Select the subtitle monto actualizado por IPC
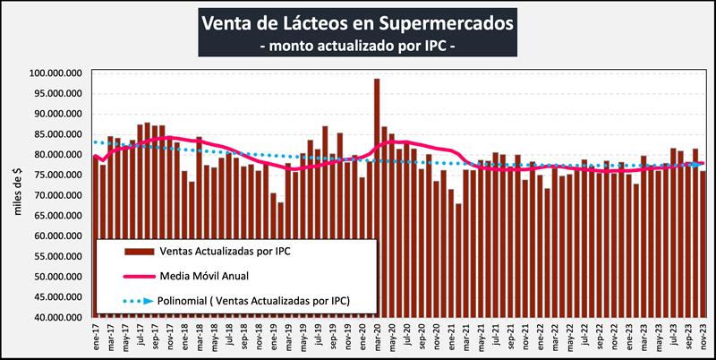click(x=357, y=45)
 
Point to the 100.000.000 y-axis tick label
click(x=55, y=73)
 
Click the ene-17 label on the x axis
click(x=96, y=338)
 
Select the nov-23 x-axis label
click(x=703, y=338)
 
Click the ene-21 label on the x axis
click(x=451, y=338)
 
